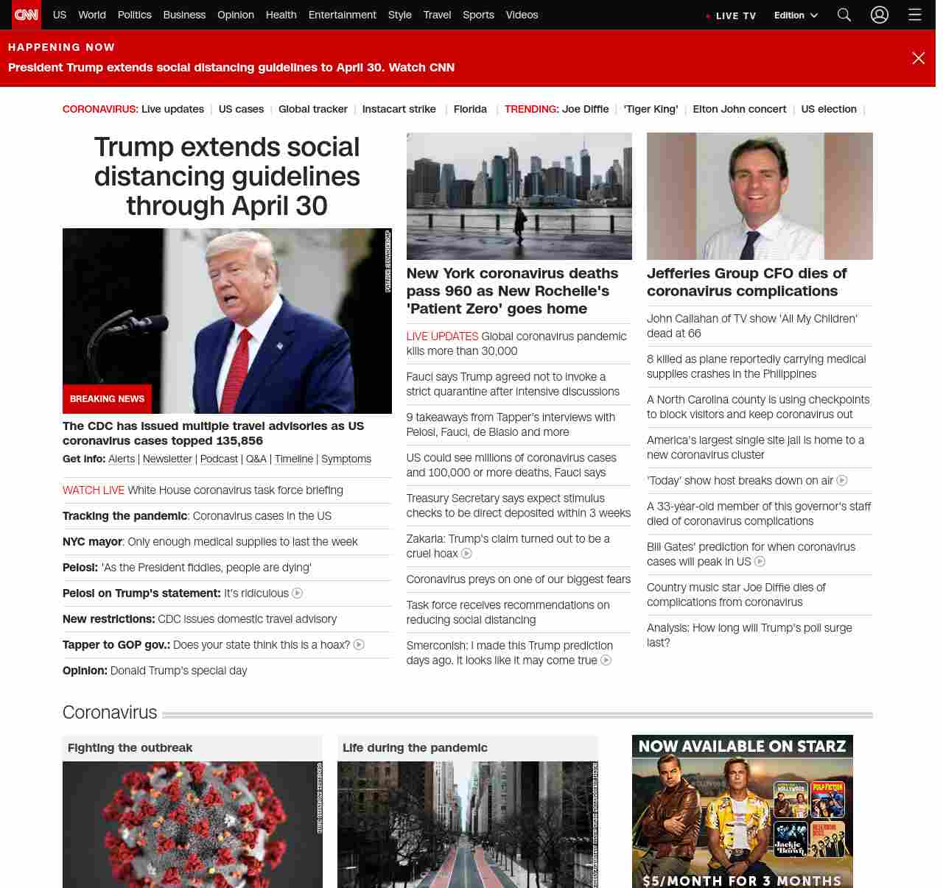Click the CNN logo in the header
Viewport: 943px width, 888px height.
click(x=27, y=15)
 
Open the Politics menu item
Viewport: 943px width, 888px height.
click(x=134, y=15)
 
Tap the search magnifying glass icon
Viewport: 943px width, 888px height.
click(x=844, y=15)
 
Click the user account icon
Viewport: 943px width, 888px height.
click(x=880, y=15)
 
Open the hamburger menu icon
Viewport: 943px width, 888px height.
click(x=915, y=15)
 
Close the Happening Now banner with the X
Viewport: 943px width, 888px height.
click(x=918, y=58)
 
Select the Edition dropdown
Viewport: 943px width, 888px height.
click(x=796, y=15)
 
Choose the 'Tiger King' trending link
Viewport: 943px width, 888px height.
click(x=651, y=109)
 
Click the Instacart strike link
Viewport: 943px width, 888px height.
click(x=399, y=109)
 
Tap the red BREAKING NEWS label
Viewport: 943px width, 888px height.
click(x=107, y=398)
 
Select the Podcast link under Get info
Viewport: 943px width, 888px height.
click(x=219, y=459)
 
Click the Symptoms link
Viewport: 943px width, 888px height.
click(x=346, y=459)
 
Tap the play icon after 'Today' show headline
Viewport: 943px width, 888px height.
click(x=842, y=480)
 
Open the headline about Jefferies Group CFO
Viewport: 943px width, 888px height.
click(x=746, y=282)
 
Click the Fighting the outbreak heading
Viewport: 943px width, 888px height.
click(x=130, y=747)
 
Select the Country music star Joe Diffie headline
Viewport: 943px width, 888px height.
click(x=735, y=594)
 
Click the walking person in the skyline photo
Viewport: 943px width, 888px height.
click(x=521, y=222)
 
